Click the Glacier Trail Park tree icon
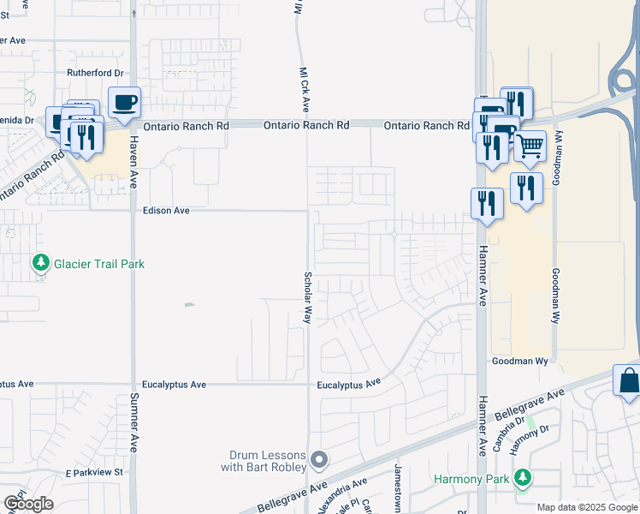tap(39, 264)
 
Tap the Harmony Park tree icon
tap(521, 479)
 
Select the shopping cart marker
tap(530, 147)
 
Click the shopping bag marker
tap(628, 380)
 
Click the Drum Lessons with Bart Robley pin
tap(319, 461)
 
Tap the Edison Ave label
tap(166, 210)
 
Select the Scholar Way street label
tap(306, 297)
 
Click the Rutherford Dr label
tap(96, 73)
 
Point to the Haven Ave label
tap(133, 164)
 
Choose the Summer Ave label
tap(133, 423)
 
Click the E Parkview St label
tap(95, 472)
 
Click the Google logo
tap(28, 504)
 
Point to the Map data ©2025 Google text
tap(586, 507)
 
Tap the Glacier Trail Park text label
tap(99, 264)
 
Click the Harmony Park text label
tap(471, 479)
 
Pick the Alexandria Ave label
tap(342, 495)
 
